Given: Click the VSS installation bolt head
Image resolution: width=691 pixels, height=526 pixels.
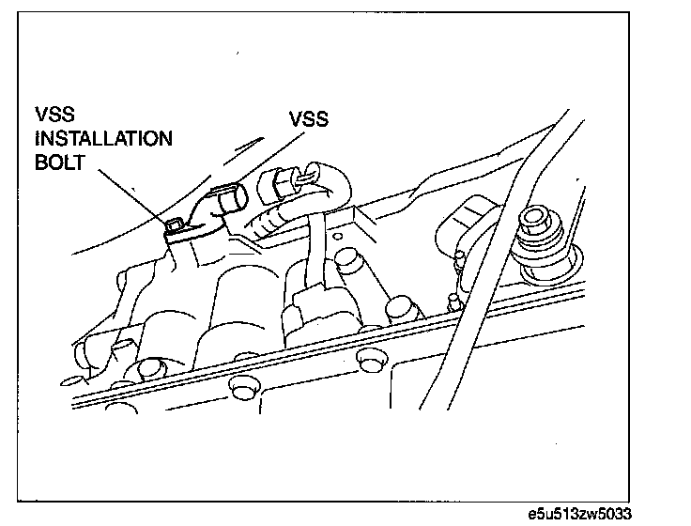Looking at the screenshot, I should click(x=173, y=225).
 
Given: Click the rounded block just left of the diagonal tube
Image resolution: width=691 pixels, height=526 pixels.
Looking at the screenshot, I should click(x=463, y=222).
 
